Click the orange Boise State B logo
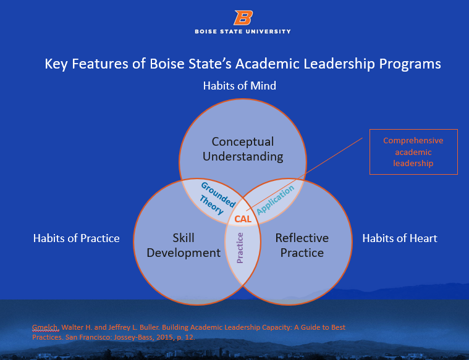[243, 18]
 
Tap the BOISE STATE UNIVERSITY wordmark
[243, 31]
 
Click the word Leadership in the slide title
[339, 64]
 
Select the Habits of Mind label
[240, 86]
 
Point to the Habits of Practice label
[76, 238]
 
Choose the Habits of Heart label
[400, 238]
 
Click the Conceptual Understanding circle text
[243, 149]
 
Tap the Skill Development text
[184, 246]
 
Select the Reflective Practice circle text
[302, 246]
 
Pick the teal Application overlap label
[276, 199]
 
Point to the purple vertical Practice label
[240, 248]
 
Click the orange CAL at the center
[243, 219]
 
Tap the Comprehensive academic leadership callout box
[413, 152]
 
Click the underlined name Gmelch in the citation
[46, 327]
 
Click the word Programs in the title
[410, 64]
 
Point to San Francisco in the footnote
[87, 337]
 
